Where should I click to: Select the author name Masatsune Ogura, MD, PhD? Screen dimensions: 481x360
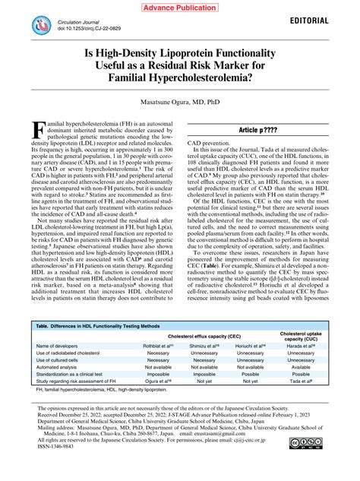point(180,100)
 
